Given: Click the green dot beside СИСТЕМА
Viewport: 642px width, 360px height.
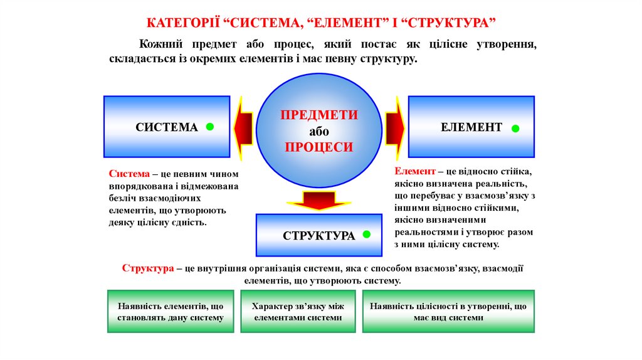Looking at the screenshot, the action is click(210, 127).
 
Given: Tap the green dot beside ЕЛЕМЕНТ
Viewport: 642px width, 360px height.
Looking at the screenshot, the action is click(515, 129).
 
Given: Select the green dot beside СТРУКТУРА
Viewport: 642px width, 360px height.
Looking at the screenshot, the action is click(366, 235).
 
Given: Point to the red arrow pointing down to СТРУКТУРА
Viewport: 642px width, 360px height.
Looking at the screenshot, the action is click(318, 201).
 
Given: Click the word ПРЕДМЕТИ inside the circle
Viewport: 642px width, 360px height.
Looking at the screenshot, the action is click(319, 115).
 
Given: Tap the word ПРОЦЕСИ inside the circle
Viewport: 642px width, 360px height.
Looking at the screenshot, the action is click(319, 147).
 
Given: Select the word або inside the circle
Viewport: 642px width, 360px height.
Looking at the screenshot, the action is click(319, 132).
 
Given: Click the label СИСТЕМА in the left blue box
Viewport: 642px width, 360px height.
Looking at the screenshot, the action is click(167, 127).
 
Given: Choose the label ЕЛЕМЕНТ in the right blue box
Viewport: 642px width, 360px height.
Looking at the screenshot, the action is click(471, 127).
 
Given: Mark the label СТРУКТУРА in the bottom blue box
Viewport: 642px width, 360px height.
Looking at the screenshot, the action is click(318, 236).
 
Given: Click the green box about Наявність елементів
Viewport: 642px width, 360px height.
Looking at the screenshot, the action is click(171, 312).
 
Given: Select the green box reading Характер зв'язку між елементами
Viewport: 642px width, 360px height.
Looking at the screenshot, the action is click(298, 312).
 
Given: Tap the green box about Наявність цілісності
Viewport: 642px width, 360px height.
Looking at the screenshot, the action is click(448, 312).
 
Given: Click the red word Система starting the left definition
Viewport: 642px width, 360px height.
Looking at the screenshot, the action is click(129, 174).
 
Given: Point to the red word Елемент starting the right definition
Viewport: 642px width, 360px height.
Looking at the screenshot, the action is click(415, 171).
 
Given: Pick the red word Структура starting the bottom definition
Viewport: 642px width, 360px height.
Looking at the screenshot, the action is click(148, 268).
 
